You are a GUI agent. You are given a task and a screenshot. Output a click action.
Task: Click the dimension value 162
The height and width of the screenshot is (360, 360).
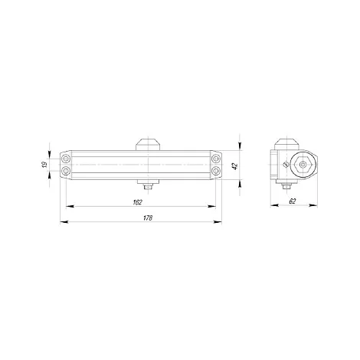coord(137,202)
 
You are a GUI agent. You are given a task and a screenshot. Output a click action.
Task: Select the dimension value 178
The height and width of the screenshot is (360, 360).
coord(148,218)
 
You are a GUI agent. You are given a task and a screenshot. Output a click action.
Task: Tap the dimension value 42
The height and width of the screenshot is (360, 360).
coord(235,165)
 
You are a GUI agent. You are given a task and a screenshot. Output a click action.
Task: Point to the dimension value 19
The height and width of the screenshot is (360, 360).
coord(45,165)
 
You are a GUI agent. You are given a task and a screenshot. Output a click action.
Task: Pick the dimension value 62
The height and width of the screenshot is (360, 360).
coord(293,201)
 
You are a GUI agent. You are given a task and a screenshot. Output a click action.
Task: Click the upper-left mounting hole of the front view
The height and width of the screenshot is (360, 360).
coord(66,159)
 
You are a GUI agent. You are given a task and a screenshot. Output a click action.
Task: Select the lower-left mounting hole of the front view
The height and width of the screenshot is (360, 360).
coord(66,171)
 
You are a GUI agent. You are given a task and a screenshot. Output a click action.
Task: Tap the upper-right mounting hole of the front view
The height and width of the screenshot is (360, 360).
coord(216,159)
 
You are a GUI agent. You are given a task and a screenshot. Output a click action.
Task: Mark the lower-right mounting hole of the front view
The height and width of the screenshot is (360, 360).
coord(216,171)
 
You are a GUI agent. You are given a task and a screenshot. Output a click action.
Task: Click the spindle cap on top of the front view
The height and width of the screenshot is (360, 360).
coord(148,145)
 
